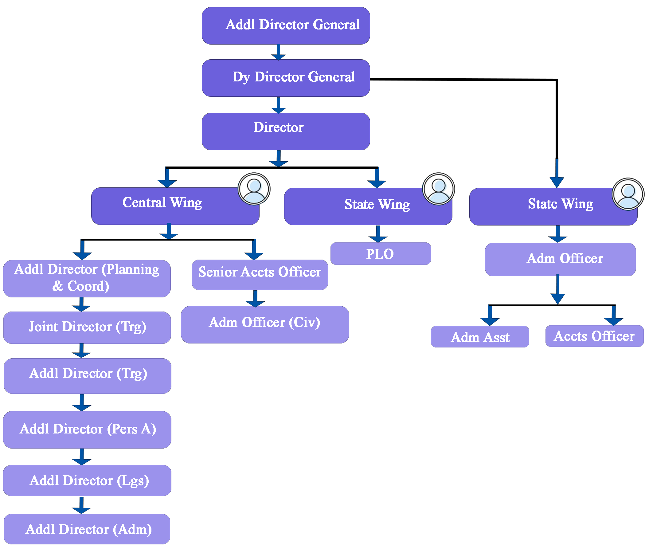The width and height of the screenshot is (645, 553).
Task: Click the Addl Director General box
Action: [286, 26]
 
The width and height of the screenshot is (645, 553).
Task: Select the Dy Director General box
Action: [286, 78]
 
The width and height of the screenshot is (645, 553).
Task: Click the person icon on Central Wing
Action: [254, 189]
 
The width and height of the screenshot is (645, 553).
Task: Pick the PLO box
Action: [381, 254]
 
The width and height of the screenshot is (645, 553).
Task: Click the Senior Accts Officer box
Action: [260, 275]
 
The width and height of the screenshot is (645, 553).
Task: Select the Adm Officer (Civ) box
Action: [265, 324]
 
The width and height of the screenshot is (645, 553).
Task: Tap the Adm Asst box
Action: [480, 337]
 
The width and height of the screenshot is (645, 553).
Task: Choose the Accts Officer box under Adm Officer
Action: [594, 336]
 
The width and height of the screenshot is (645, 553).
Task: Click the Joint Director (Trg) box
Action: [87, 327]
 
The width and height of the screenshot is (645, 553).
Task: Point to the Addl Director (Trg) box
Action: [88, 376]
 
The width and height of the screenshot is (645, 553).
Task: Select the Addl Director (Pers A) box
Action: [87, 430]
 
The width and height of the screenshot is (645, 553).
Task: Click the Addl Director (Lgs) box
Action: [87, 480]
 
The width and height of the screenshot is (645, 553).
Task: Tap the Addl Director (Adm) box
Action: [87, 529]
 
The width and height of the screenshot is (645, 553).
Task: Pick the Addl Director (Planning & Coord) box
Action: [87, 278]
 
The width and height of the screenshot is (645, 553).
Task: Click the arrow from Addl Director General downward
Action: [279, 52]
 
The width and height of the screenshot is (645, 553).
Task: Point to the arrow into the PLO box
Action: [378, 234]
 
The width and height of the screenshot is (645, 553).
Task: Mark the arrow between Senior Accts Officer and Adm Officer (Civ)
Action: [255, 299]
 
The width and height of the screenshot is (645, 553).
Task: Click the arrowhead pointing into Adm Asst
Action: [490, 321]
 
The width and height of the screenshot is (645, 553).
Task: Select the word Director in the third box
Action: [278, 127]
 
